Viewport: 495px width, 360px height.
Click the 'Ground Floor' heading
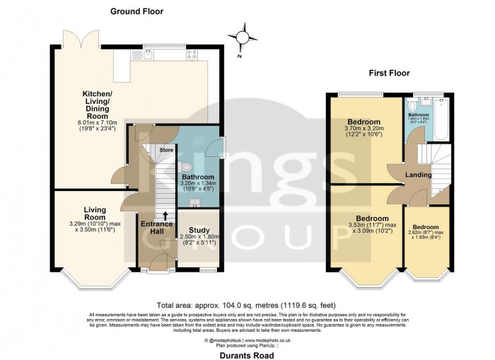pyautogui.click(x=136, y=11)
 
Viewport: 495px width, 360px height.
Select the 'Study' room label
pyautogui.click(x=199, y=229)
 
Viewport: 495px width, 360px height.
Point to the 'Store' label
pyautogui.click(x=166, y=150)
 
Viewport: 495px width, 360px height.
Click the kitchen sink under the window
pyautogui.click(x=149, y=57)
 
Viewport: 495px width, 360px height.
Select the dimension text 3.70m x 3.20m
pyautogui.click(x=362, y=129)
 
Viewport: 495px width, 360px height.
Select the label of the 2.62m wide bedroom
pyautogui.click(x=426, y=227)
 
